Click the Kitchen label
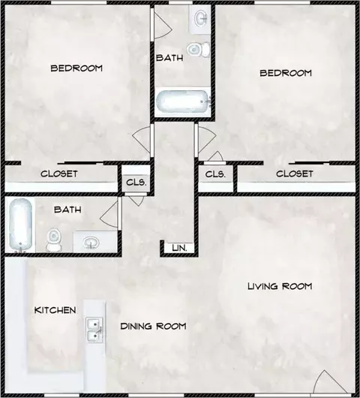tap(55, 310)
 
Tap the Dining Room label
tap(154, 326)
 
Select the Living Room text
tap(280, 286)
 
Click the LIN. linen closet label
tap(179, 248)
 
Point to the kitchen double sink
tap(94, 330)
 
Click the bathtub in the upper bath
tap(183, 102)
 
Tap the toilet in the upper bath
tap(199, 50)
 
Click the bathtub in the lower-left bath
tap(20, 225)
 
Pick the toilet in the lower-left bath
tap(54, 240)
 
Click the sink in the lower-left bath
tap(91, 242)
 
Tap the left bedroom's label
tap(76, 68)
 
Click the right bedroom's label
tap(286, 74)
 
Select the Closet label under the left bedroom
tap(59, 174)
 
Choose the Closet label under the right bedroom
tap(294, 174)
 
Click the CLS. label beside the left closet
tap(136, 182)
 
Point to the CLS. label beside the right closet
tap(215, 174)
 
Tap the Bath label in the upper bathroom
tap(169, 58)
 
